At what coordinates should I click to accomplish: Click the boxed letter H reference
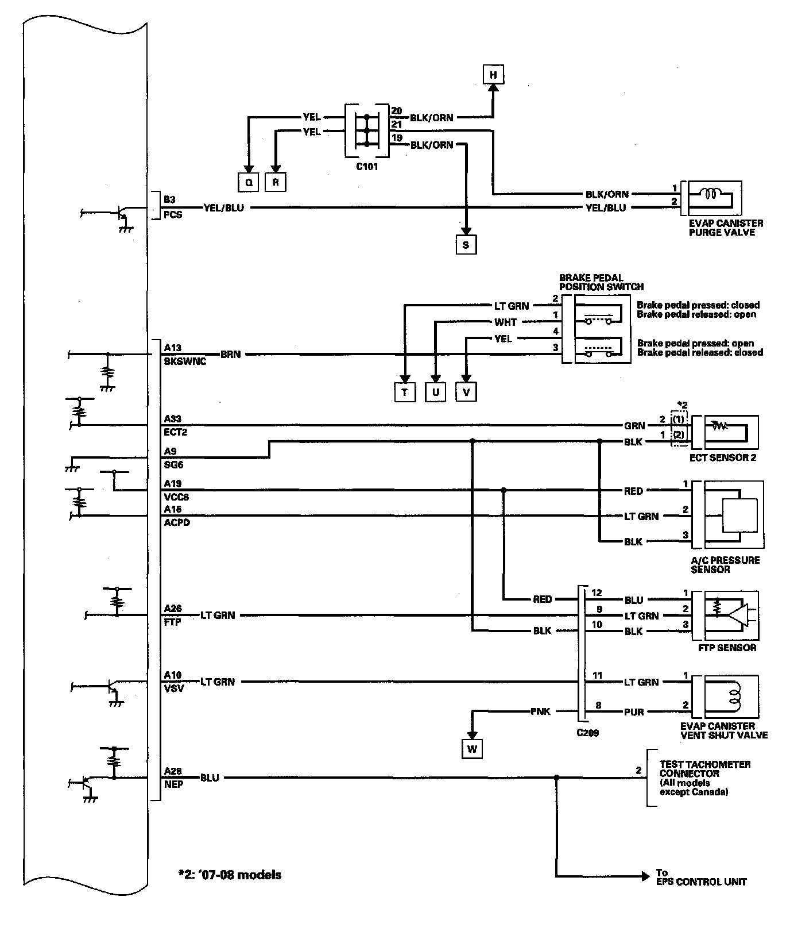[x=493, y=75]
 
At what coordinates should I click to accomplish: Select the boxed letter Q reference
[x=248, y=182]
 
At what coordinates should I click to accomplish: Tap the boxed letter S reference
[x=466, y=245]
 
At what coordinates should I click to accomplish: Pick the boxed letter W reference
[x=471, y=749]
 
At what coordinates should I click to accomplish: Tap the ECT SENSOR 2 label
[x=723, y=458]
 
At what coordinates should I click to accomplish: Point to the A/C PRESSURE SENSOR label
[x=726, y=564]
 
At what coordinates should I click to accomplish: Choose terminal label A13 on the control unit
[x=172, y=347]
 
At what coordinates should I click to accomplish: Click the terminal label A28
[x=172, y=771]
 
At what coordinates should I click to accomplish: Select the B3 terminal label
[x=169, y=200]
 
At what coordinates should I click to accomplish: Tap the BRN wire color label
[x=230, y=355]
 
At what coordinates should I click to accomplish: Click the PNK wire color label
[x=540, y=711]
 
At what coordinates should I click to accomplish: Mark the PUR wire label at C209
[x=634, y=712]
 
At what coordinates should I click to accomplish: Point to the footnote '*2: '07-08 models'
[x=229, y=875]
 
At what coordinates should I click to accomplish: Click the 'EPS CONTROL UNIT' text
[x=701, y=882]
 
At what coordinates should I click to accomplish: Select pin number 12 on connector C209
[x=597, y=593]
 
